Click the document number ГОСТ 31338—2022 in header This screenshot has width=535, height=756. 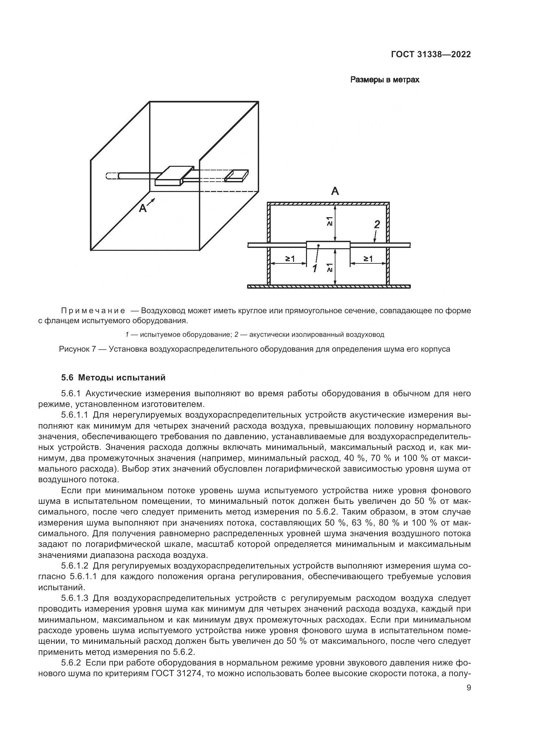[431, 55]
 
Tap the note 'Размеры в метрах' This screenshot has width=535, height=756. [385, 80]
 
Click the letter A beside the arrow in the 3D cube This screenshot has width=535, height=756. [143, 208]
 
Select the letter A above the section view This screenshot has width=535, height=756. [335, 191]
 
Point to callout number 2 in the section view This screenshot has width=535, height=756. [377, 224]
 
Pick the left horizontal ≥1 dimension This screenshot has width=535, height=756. [289, 259]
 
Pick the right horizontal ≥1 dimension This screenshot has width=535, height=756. [368, 259]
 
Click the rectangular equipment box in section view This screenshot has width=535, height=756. [328, 245]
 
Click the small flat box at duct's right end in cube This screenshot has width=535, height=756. [236, 175]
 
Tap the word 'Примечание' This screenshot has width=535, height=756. [93, 311]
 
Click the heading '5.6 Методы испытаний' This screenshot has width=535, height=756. [113, 378]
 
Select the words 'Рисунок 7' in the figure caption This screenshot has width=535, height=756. [77, 349]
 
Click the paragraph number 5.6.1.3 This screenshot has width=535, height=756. [75, 598]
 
